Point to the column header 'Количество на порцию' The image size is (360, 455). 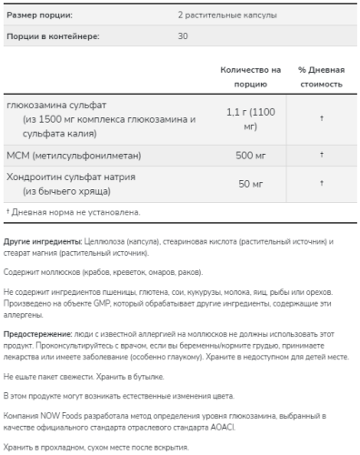pos(252,76)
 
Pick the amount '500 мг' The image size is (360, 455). pos(252,156)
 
